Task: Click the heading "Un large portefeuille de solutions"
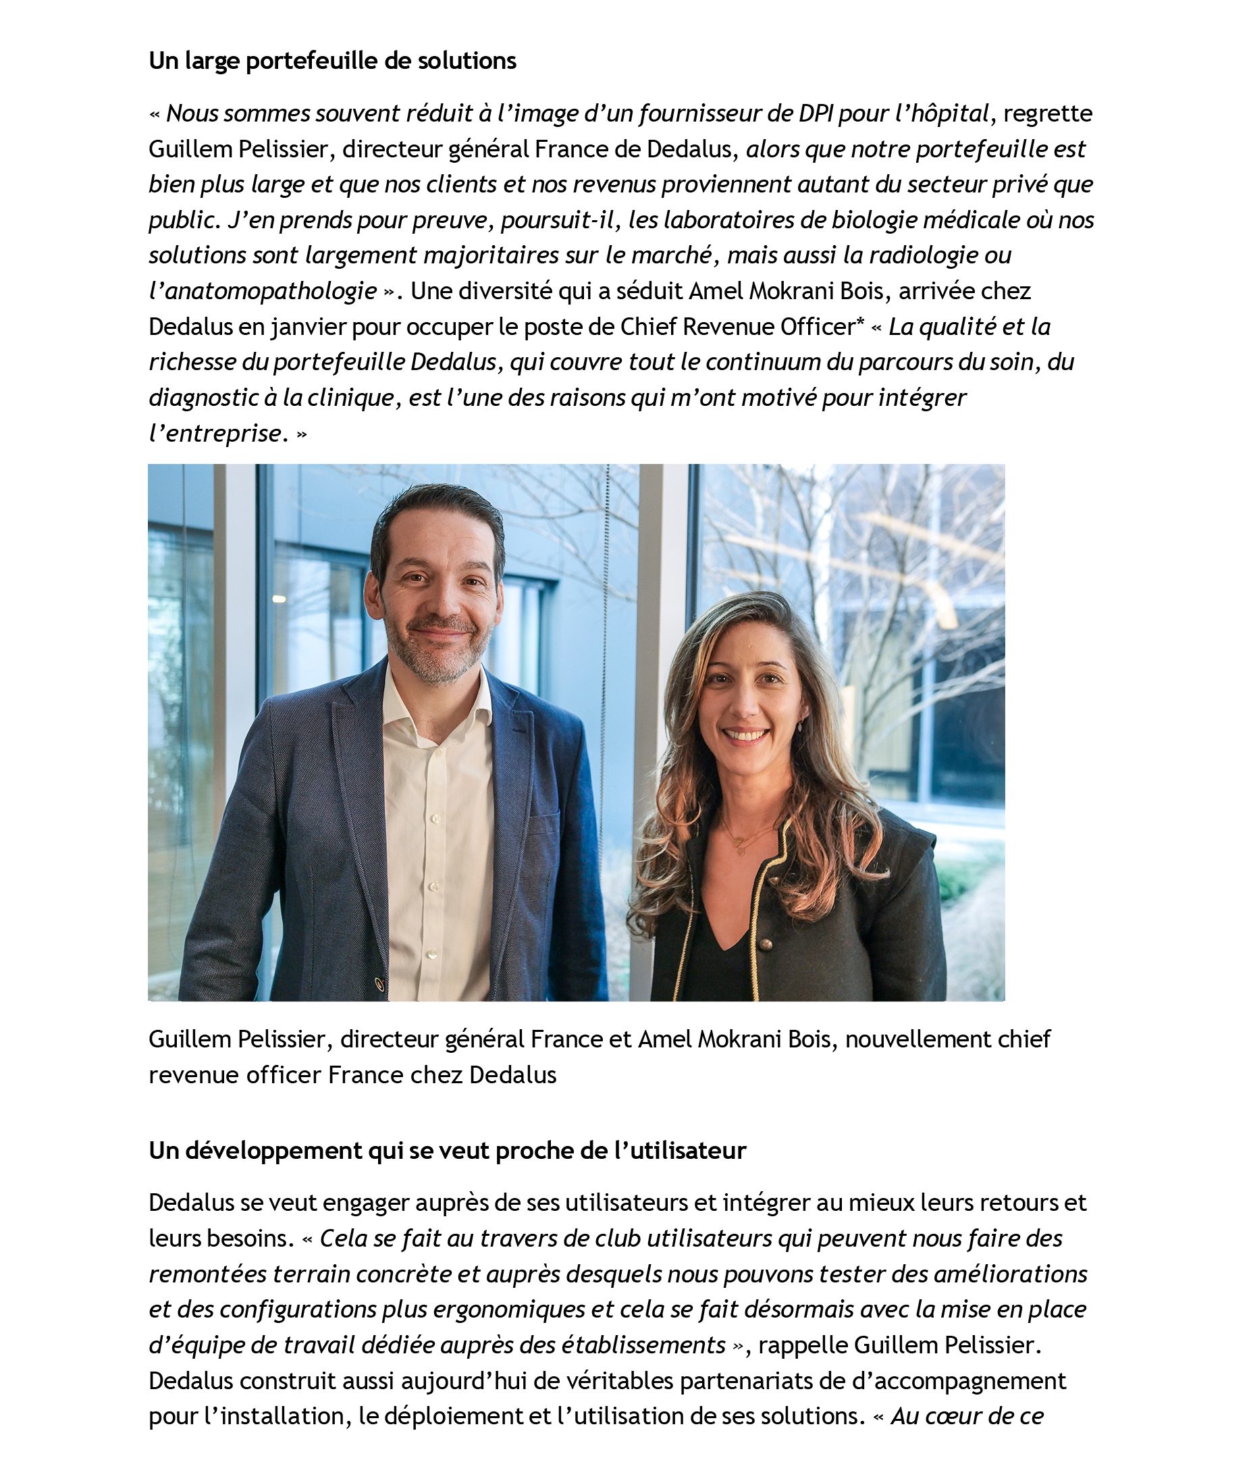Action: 332,61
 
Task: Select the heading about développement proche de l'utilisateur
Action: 447,1150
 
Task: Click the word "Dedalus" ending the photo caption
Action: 513,1074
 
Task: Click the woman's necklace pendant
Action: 741,850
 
